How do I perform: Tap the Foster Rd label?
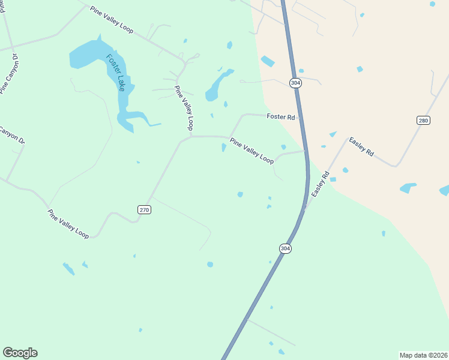click(281, 117)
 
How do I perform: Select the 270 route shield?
click(144, 209)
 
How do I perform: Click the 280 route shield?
click(423, 121)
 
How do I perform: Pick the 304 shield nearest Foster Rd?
click(295, 83)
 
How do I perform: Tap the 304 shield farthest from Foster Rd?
click(285, 248)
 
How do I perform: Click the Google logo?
click(20, 353)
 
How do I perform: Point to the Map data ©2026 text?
click(424, 355)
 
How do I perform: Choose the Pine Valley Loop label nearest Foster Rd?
click(252, 150)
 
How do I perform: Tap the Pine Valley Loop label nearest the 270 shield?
click(68, 224)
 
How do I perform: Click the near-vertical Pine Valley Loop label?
click(184, 108)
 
